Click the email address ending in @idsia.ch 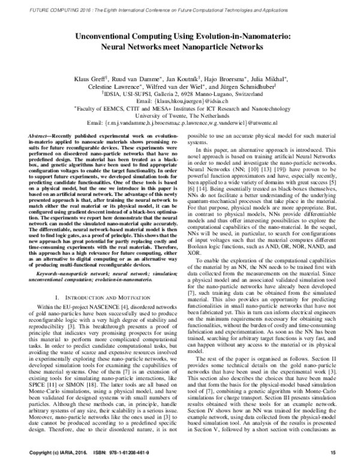coord(179,101)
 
